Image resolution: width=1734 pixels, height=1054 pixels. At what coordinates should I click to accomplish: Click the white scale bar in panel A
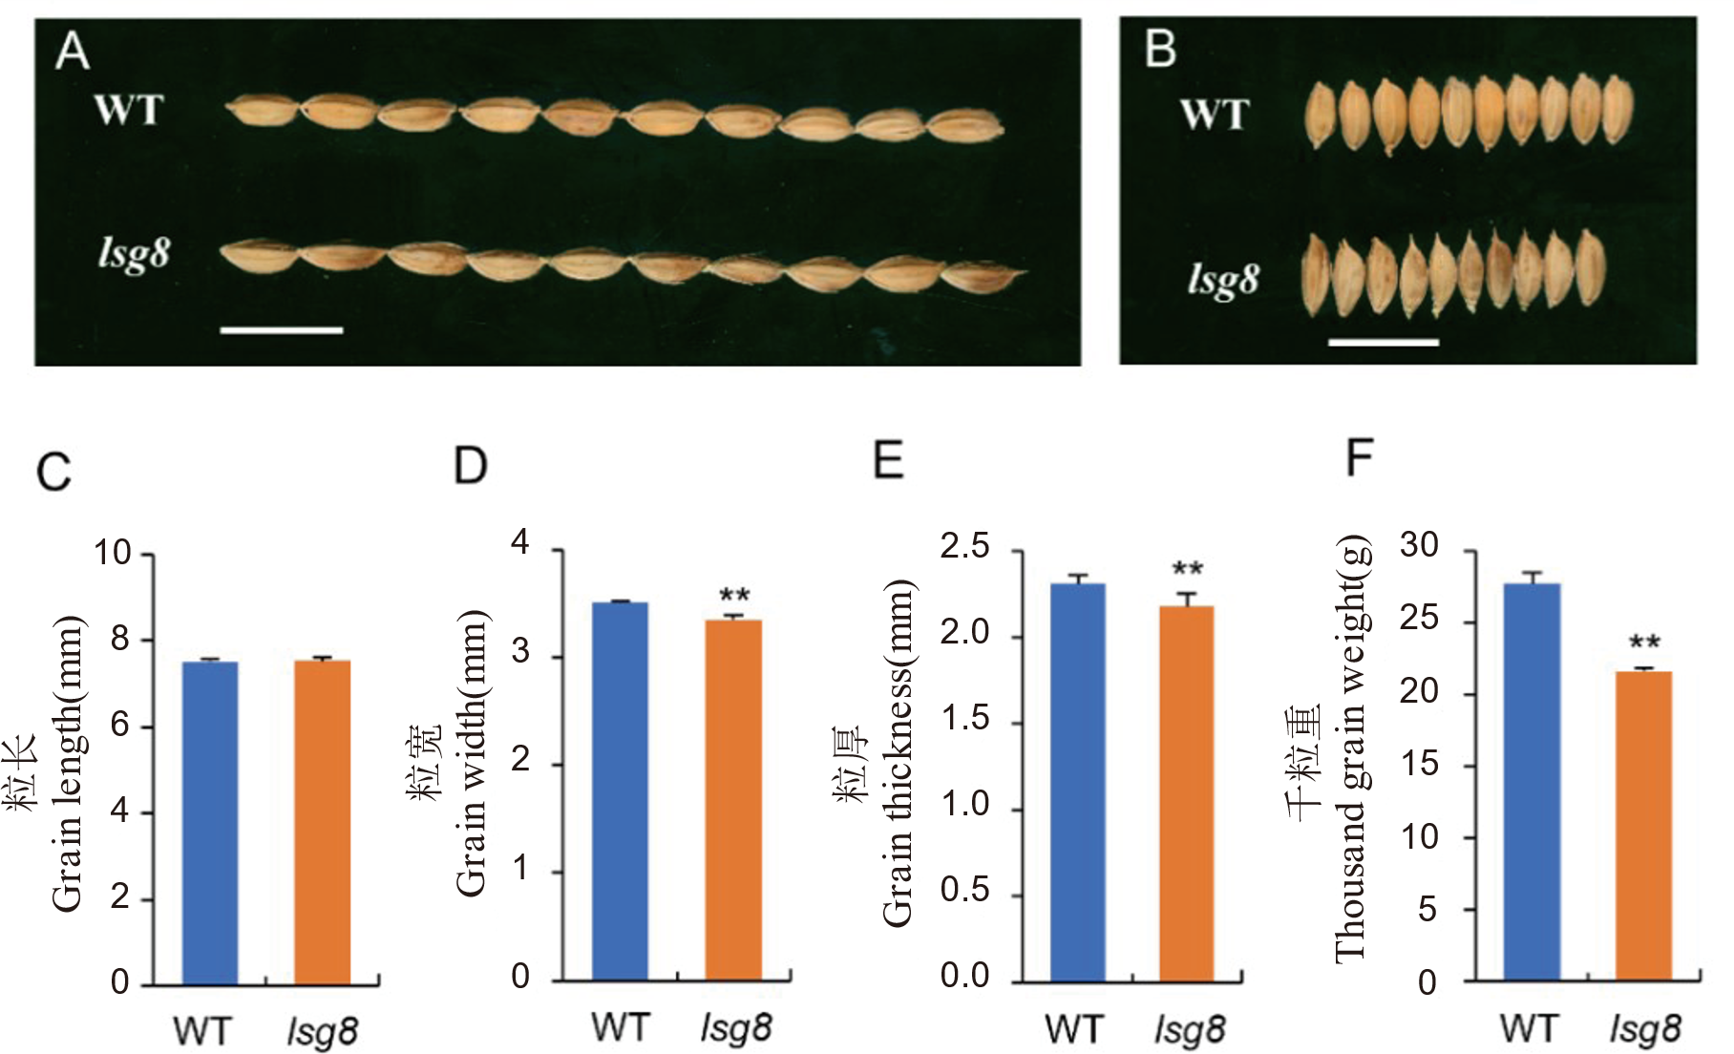pyautogui.click(x=282, y=330)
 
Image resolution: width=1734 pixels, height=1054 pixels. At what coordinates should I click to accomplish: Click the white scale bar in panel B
pyautogui.click(x=1383, y=341)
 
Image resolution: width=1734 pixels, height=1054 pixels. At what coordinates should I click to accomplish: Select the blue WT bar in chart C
pyautogui.click(x=210, y=823)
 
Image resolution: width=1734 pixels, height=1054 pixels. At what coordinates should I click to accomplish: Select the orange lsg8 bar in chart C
pyautogui.click(x=323, y=822)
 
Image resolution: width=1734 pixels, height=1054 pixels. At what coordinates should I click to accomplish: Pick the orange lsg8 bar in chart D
pyautogui.click(x=733, y=800)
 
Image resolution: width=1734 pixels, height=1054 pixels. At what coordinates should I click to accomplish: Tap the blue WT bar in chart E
pyautogui.click(x=1078, y=783)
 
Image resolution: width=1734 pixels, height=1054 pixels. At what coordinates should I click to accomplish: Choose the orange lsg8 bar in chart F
pyautogui.click(x=1643, y=826)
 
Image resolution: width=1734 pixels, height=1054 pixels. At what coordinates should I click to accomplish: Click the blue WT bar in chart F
pyautogui.click(x=1532, y=783)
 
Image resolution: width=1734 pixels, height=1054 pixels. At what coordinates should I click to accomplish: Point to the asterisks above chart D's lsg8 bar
pyautogui.click(x=734, y=597)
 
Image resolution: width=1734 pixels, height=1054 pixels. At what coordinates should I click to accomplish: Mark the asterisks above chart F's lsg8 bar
pyautogui.click(x=1644, y=643)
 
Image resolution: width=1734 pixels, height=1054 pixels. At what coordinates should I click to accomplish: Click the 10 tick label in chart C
pyautogui.click(x=112, y=553)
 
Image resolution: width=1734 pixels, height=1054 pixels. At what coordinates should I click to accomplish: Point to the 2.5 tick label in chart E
pyautogui.click(x=964, y=547)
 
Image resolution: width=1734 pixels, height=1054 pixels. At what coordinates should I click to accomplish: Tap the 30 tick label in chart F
pyautogui.click(x=1420, y=545)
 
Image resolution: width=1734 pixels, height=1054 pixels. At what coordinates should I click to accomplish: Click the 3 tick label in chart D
pyautogui.click(x=520, y=653)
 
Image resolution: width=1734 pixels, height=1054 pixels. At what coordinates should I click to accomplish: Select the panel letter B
pyautogui.click(x=1160, y=49)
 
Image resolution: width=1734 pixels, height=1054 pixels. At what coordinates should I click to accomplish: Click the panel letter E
pyautogui.click(x=888, y=460)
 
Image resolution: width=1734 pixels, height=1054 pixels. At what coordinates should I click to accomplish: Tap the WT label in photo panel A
pyautogui.click(x=129, y=111)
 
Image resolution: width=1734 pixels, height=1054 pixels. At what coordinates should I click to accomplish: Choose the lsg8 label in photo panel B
pyautogui.click(x=1223, y=280)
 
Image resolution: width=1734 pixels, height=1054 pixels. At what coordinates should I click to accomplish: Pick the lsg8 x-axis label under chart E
pyautogui.click(x=1190, y=1030)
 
